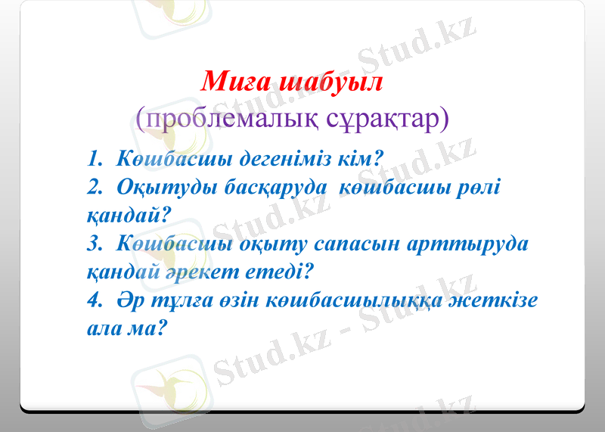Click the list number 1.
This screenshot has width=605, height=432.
coord(94,160)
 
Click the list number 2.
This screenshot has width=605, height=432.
coord(94,188)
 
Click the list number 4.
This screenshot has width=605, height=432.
coord(94,300)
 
